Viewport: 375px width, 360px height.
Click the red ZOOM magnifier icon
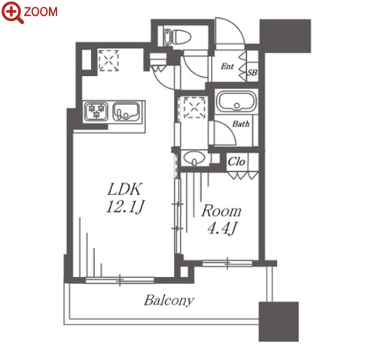(x=12, y=12)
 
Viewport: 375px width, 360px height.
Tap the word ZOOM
(x=41, y=12)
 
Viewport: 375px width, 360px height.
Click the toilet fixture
(x=177, y=37)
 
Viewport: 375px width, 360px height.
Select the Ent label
(x=227, y=66)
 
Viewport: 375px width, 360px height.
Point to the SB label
(x=252, y=72)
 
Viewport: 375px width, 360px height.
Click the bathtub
(x=236, y=102)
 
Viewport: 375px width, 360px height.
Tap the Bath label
(x=241, y=124)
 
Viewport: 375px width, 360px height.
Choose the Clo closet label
(x=236, y=162)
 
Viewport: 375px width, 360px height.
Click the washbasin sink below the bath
(x=194, y=158)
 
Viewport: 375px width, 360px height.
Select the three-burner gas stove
(x=96, y=111)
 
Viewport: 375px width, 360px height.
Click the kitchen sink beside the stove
(x=126, y=111)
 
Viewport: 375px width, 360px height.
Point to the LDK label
(x=124, y=189)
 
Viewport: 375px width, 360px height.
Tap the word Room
(x=221, y=211)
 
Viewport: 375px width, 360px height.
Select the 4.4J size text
(x=222, y=228)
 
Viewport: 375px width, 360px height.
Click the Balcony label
(x=169, y=300)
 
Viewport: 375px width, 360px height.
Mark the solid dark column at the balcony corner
(x=279, y=322)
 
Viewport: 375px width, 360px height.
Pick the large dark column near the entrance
(x=285, y=36)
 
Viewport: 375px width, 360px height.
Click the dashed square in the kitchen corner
(x=108, y=60)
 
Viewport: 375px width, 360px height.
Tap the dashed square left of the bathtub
(x=194, y=108)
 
